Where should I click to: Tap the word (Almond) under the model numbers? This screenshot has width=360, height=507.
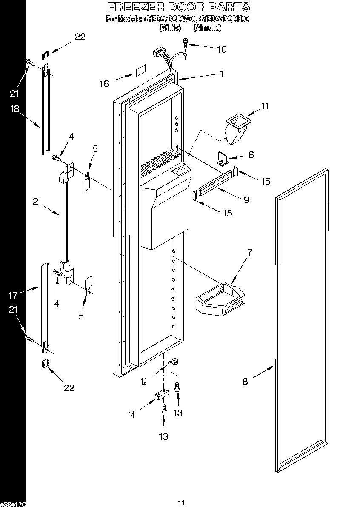207,28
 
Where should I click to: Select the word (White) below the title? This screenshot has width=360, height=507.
170,28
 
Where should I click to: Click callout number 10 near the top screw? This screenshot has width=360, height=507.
222,49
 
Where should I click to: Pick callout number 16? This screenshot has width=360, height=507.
104,84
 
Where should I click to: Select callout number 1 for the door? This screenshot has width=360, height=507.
222,74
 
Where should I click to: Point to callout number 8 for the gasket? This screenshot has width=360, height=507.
245,382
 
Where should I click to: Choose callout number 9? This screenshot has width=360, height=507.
246,199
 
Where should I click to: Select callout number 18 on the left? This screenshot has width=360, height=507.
14,109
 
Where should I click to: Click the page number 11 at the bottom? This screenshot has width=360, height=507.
181,503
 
